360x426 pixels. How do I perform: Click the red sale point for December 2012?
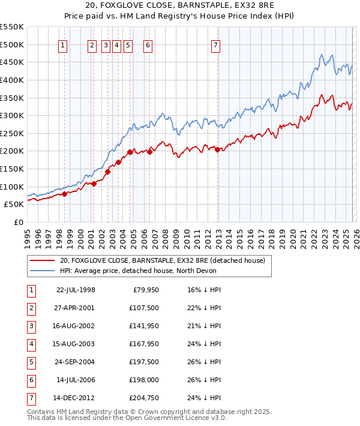tap(217, 149)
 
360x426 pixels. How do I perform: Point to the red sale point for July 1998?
tap(64, 194)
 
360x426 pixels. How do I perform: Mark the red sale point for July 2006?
tap(149, 152)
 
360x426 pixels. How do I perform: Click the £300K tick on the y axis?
tap(11, 115)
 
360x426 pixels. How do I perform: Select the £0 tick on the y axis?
tap(18, 222)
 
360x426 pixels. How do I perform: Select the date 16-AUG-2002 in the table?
tap(75, 326)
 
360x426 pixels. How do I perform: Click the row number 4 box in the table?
tap(30, 344)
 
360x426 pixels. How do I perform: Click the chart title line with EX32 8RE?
tap(180, 7)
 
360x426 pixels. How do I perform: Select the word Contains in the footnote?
tap(43, 412)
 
